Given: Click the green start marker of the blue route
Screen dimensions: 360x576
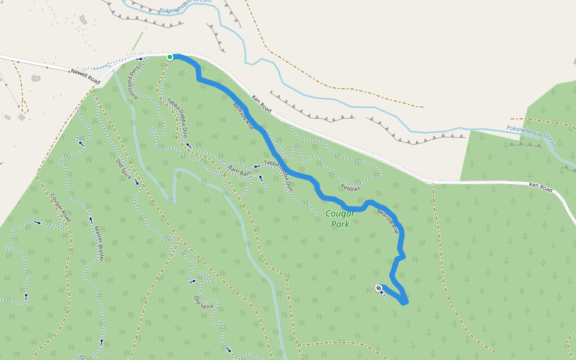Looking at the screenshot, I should coord(170,57).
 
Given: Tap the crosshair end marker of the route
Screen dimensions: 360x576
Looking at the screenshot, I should coord(379,289).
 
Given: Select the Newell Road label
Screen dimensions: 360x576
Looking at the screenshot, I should coord(85,74).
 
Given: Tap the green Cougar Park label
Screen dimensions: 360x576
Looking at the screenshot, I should coord(340,219).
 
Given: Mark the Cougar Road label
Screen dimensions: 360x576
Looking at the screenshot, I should coord(61,208).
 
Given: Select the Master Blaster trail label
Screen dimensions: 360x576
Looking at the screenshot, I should coord(100,243).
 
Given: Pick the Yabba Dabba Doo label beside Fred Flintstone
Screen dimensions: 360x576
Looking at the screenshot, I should coord(177,117).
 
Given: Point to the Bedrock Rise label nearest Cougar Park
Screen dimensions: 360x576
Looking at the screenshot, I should coord(388,220).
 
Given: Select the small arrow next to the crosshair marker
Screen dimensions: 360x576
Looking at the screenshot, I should coord(382,292).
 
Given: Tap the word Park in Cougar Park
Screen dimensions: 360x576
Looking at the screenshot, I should coord(340,225).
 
